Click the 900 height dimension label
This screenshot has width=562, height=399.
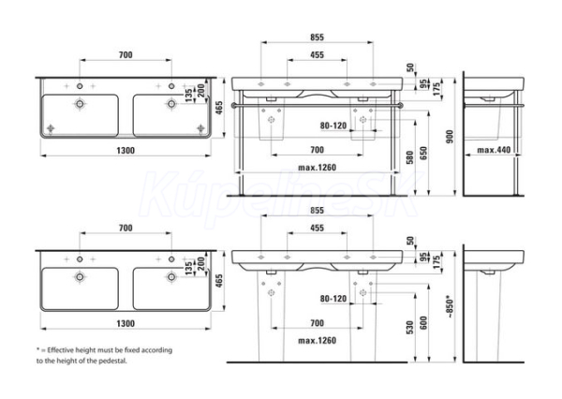(x=450, y=137)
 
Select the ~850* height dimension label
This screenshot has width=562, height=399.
(x=450, y=307)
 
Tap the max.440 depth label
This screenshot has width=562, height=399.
(x=494, y=150)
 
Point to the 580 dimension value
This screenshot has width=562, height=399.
(x=409, y=157)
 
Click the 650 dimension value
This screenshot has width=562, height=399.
(x=423, y=153)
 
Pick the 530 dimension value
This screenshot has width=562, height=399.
(x=409, y=327)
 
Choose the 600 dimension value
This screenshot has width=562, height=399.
(x=423, y=323)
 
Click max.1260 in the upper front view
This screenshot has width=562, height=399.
(x=318, y=168)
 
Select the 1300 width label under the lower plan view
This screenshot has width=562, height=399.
(x=126, y=323)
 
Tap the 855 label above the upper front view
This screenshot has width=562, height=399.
(x=317, y=37)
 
